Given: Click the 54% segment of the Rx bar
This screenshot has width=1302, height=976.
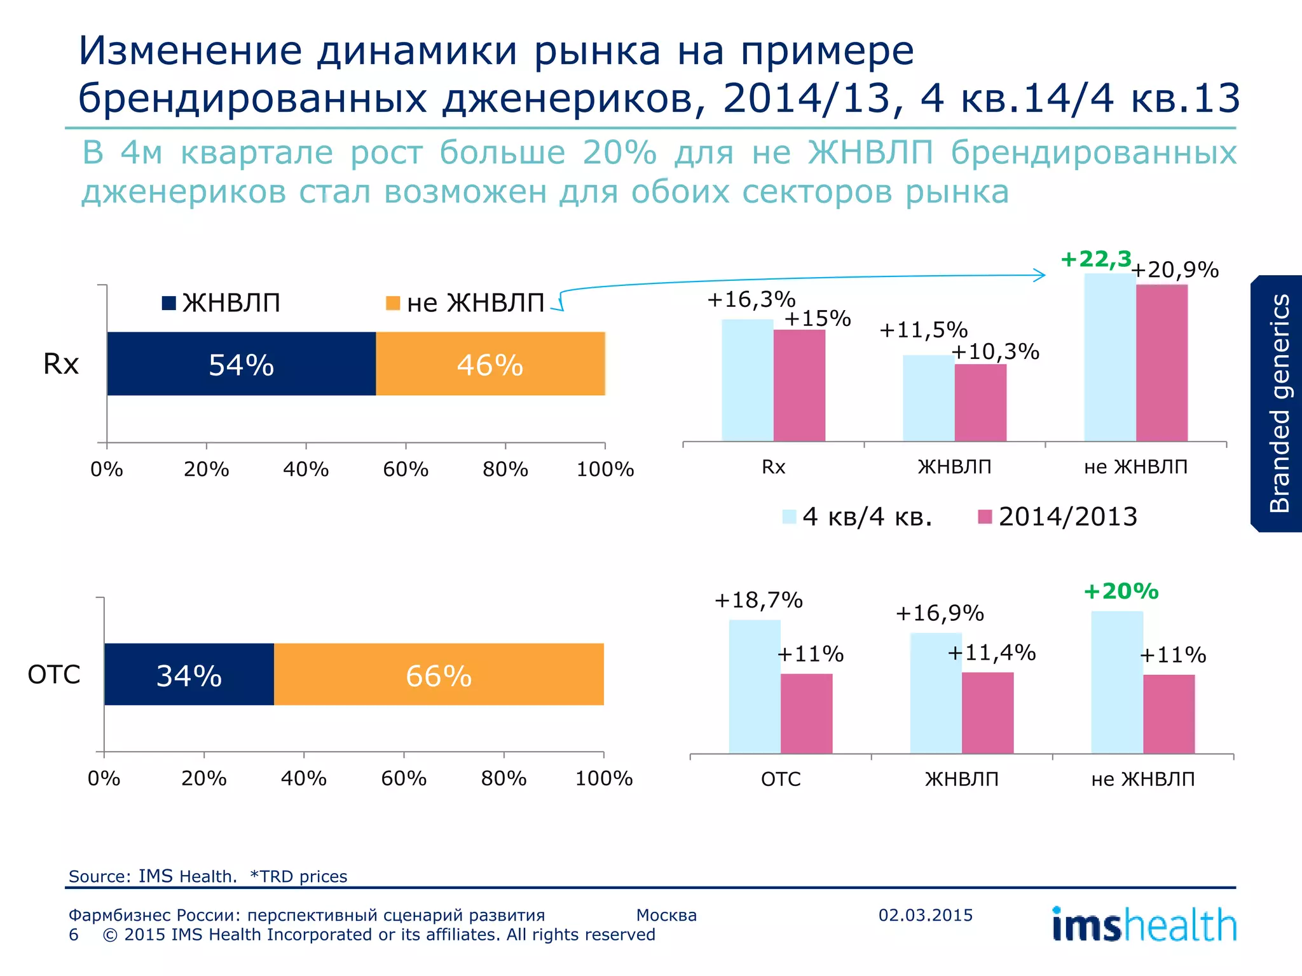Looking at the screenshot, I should pyautogui.click(x=241, y=363).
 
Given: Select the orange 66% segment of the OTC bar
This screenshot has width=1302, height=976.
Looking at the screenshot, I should pyautogui.click(x=439, y=674).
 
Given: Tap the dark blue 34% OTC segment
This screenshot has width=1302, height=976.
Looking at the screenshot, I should pyautogui.click(x=189, y=674).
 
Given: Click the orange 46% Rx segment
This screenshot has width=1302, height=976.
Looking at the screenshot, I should pyautogui.click(x=490, y=363).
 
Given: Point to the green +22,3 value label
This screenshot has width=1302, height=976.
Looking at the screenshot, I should pyautogui.click(x=1096, y=259).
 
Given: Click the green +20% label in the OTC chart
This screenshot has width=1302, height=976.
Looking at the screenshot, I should pyautogui.click(x=1121, y=592).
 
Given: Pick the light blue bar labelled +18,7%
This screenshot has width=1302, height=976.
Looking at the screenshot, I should pyautogui.click(x=755, y=686).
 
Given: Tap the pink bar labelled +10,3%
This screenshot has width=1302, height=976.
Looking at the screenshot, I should pyautogui.click(x=980, y=403).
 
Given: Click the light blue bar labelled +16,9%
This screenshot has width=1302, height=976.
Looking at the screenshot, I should pyautogui.click(x=936, y=693).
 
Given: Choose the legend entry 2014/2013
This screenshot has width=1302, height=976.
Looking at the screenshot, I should pyautogui.click(x=1058, y=517).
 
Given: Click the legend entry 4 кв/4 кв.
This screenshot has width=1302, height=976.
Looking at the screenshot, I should pyautogui.click(x=858, y=517).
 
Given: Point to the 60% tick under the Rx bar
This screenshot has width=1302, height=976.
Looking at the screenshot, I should pyautogui.click(x=406, y=470).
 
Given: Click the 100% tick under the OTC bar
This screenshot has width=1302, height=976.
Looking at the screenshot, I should pyautogui.click(x=603, y=778).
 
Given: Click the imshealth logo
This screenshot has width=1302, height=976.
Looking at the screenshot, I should pyautogui.click(x=1144, y=925).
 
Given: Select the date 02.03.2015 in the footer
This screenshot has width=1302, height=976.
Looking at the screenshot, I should pyautogui.click(x=926, y=915).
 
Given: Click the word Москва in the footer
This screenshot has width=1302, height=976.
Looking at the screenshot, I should pyautogui.click(x=666, y=915).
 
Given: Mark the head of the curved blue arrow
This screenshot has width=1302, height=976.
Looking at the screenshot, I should pyautogui.click(x=1043, y=275).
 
